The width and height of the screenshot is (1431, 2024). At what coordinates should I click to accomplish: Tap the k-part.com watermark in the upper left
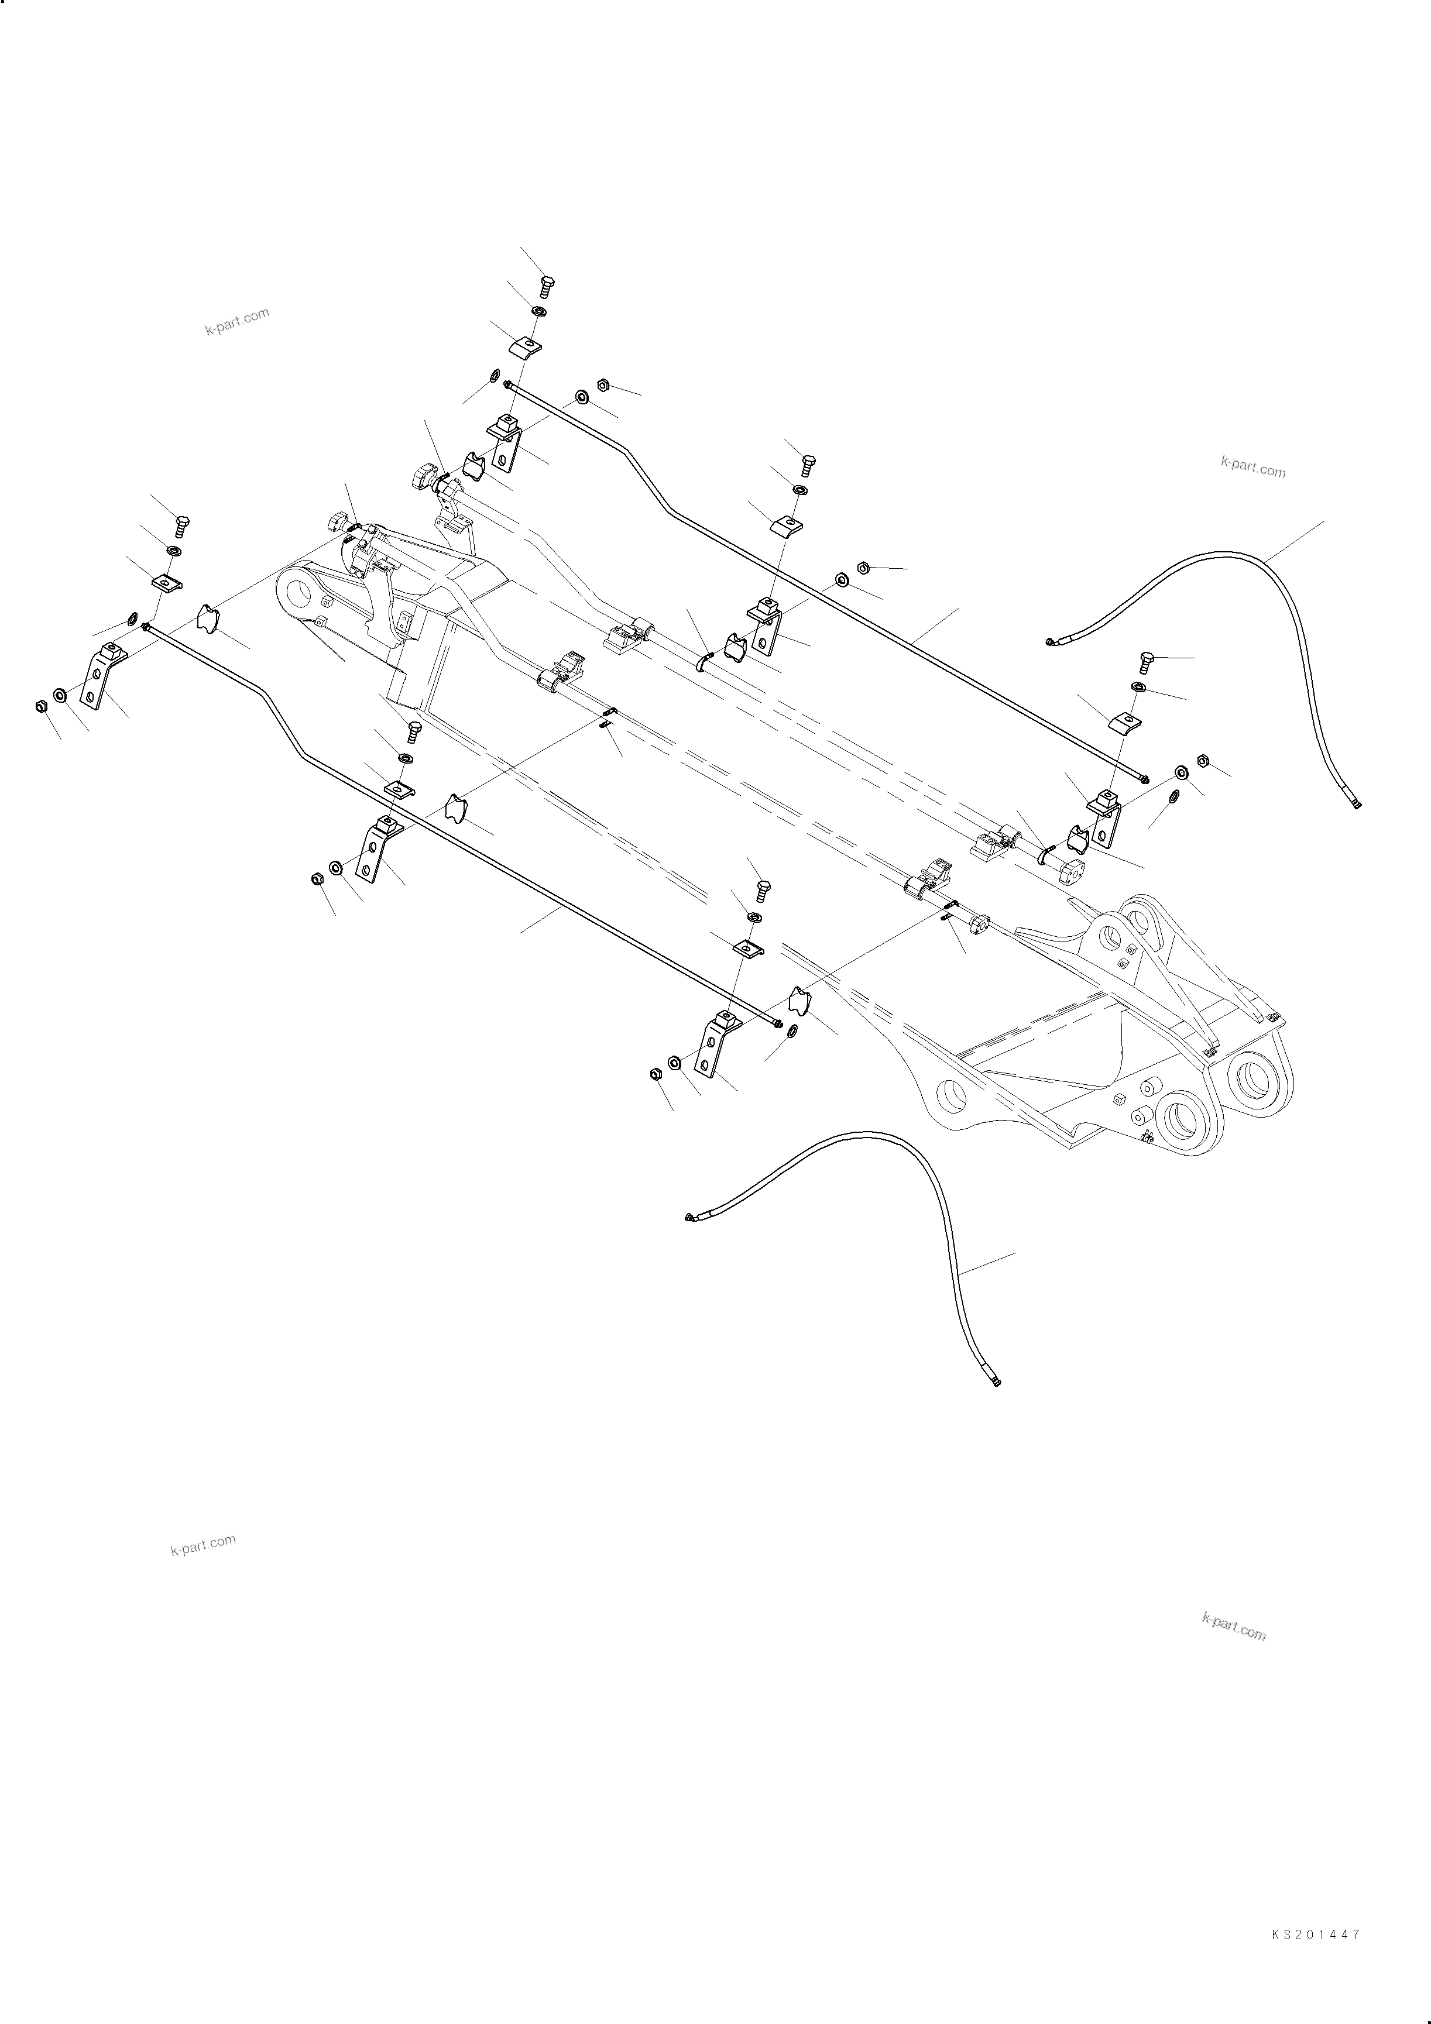tap(236, 322)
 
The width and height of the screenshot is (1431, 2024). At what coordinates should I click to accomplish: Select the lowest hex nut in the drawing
tap(655, 1074)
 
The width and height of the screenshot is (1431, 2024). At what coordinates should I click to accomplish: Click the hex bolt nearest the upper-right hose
tap(1146, 661)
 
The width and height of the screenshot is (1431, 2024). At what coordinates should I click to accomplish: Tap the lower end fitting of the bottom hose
tap(996, 1382)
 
